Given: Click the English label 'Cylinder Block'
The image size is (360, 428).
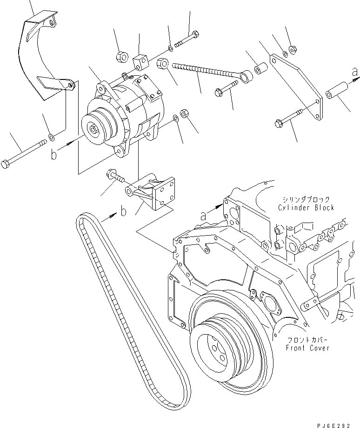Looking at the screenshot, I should [306, 207].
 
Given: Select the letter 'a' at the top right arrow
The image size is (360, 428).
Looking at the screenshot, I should [355, 72].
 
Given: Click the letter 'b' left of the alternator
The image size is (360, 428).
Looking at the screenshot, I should [54, 154].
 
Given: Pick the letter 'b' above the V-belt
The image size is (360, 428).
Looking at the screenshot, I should [123, 212].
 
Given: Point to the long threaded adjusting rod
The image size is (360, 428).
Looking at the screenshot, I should [205, 71].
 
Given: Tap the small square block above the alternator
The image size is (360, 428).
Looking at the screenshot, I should [139, 61].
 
